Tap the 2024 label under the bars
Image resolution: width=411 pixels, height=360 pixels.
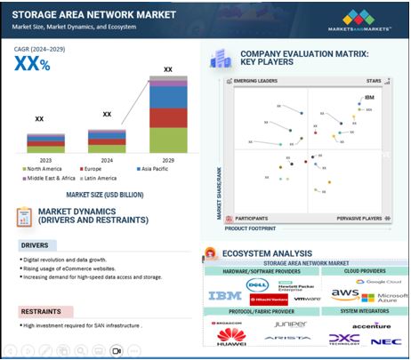(106, 160)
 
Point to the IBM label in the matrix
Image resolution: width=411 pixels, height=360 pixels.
(369, 97)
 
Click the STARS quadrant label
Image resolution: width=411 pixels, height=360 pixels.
(375, 81)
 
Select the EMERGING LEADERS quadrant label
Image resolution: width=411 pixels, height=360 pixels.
(257, 81)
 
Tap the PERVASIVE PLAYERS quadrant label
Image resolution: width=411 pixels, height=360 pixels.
(360, 218)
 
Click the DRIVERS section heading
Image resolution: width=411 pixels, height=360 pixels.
(35, 244)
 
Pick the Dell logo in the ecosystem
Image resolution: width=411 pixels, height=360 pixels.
(258, 285)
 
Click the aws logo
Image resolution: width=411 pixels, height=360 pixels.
(344, 293)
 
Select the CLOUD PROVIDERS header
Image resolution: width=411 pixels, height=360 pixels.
(366, 269)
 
